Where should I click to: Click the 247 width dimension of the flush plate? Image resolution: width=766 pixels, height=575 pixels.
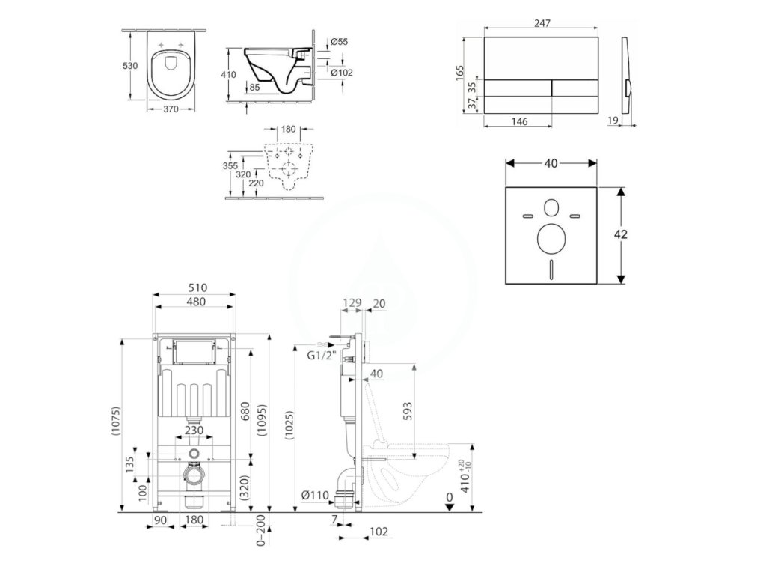coord(543,23)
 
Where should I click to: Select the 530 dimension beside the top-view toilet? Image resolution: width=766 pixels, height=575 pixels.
coord(130,66)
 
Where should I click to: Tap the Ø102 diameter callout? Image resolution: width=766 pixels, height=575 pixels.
coord(342,73)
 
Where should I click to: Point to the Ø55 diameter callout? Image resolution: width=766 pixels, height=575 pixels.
coord(339,41)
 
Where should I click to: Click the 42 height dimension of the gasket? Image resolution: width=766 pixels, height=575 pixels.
coord(620,234)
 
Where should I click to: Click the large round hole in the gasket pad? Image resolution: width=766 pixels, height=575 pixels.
coord(551,239)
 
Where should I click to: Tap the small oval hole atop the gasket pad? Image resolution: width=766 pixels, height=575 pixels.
coord(551,207)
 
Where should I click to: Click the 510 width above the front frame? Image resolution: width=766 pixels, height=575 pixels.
coord(197,287)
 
